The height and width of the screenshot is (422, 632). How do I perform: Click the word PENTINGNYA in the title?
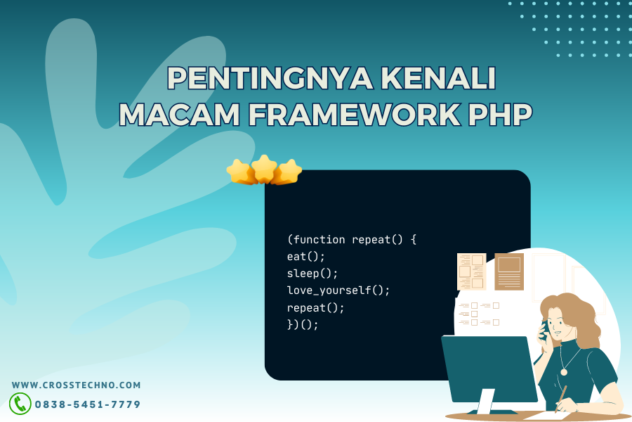click(270, 78)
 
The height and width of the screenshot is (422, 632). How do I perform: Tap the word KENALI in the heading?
click(438, 78)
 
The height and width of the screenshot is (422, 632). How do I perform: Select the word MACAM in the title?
click(180, 114)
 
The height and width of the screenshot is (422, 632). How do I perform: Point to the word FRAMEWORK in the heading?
click(355, 114)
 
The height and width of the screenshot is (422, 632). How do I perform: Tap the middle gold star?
click(264, 169)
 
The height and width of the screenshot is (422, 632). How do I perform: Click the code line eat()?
click(306, 257)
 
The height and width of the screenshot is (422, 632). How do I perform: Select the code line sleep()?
click(312, 274)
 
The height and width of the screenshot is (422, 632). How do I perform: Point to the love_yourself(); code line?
click(338, 290)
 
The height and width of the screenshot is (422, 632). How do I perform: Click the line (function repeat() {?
click(352, 239)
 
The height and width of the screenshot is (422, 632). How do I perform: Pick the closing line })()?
click(303, 324)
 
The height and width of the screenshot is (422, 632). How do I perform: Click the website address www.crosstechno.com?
click(76, 385)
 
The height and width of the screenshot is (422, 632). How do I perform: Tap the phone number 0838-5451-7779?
click(88, 404)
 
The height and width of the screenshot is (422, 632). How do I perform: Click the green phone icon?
click(20, 404)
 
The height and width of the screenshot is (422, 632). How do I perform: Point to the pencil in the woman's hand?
click(560, 399)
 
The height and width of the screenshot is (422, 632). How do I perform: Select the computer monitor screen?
click(489, 369)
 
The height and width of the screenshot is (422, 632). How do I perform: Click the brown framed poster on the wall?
click(509, 271)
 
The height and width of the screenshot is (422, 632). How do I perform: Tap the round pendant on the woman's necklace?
click(564, 372)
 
